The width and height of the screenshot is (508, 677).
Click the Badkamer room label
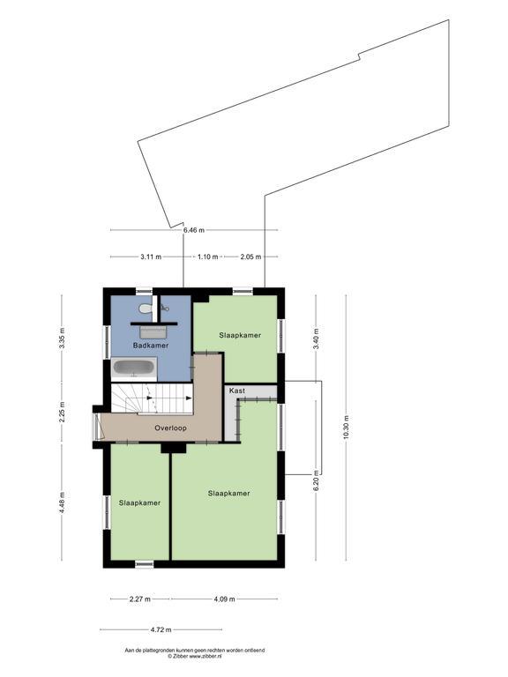[x=151, y=346]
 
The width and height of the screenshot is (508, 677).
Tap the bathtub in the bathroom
[x=134, y=368]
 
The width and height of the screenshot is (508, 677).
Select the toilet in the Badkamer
[x=145, y=309]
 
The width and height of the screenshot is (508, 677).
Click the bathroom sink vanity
[x=153, y=332]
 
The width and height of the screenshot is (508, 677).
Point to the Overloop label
[x=170, y=428]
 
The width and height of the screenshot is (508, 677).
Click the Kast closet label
[x=237, y=391]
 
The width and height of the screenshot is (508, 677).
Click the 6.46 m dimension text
[x=194, y=230]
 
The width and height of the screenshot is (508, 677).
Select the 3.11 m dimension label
[x=151, y=257]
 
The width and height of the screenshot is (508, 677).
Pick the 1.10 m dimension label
[x=208, y=257]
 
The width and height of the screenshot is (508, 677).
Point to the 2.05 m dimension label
[x=250, y=257]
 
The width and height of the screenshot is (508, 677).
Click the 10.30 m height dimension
[x=346, y=428]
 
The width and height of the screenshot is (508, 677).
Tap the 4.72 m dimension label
[x=161, y=629]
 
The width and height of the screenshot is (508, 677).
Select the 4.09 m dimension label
[x=225, y=599]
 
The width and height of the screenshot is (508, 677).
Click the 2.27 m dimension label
[x=140, y=599]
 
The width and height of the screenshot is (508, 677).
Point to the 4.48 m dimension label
[x=63, y=502]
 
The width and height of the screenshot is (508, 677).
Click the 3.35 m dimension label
[x=63, y=338]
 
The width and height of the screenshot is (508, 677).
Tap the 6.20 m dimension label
[x=316, y=480]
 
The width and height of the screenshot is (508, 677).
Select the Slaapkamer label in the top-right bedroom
[x=240, y=335]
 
